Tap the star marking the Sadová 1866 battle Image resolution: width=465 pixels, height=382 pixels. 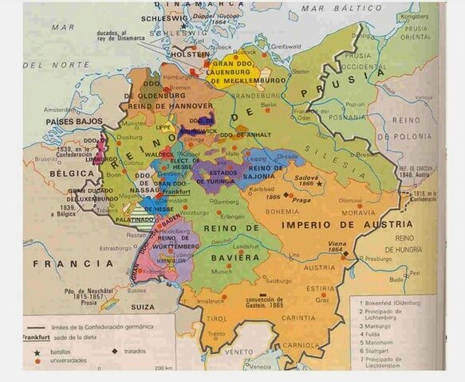tap(319, 184)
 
